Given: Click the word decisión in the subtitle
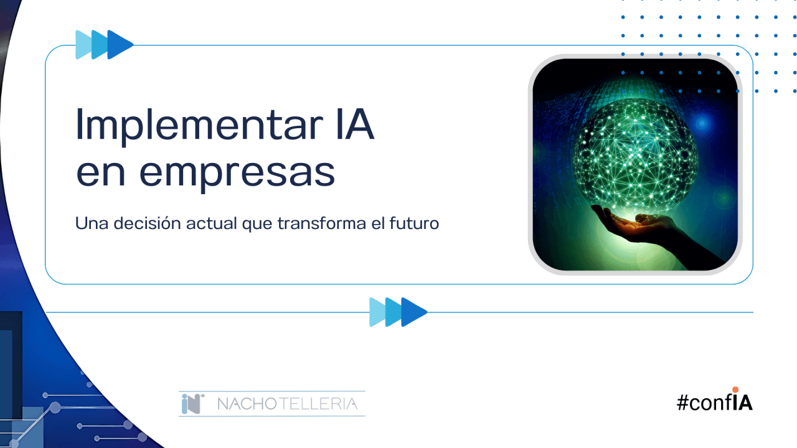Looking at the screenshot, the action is click(x=148, y=223).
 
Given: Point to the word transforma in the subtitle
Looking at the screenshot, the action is click(x=322, y=223).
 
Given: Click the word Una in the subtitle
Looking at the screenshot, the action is click(x=92, y=223).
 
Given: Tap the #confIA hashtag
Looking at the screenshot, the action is click(x=714, y=402).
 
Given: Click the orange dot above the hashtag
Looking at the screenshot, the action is click(x=735, y=390).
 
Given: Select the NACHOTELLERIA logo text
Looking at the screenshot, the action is click(x=287, y=404).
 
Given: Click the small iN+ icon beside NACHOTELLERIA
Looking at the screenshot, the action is click(x=193, y=404).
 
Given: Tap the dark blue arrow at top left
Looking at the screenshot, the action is click(x=121, y=44).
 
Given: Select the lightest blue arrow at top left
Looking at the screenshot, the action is click(x=83, y=44).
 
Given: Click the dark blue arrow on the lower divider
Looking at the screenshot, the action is click(x=414, y=312).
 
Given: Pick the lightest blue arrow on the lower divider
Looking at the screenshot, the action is click(x=377, y=312).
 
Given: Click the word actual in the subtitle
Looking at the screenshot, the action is click(x=211, y=223).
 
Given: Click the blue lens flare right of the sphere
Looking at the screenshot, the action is click(x=702, y=123).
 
